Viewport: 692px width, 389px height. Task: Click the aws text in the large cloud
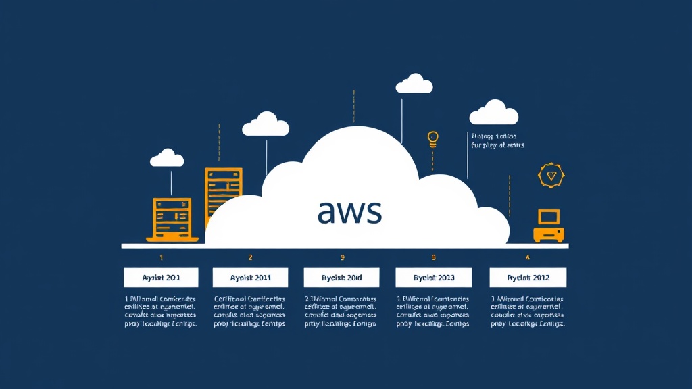349,211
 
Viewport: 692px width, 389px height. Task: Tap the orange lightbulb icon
433,139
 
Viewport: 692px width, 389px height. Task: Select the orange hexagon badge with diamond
549,176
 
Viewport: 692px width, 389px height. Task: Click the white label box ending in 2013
433,278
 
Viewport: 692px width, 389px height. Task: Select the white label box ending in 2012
528,278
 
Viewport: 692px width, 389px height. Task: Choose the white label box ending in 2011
250,278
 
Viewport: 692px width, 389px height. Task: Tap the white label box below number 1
161,278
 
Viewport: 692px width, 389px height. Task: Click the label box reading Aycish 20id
341,278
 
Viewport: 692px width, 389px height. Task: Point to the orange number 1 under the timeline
161,257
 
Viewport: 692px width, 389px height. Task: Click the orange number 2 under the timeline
250,257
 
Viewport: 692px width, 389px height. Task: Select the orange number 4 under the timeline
528,257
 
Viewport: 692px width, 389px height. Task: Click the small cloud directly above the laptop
167,158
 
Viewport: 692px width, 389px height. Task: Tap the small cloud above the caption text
494,113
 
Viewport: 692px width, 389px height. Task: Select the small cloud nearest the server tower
265,124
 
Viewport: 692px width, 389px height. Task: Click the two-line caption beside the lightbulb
497,140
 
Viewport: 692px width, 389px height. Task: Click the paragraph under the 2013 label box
433,311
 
